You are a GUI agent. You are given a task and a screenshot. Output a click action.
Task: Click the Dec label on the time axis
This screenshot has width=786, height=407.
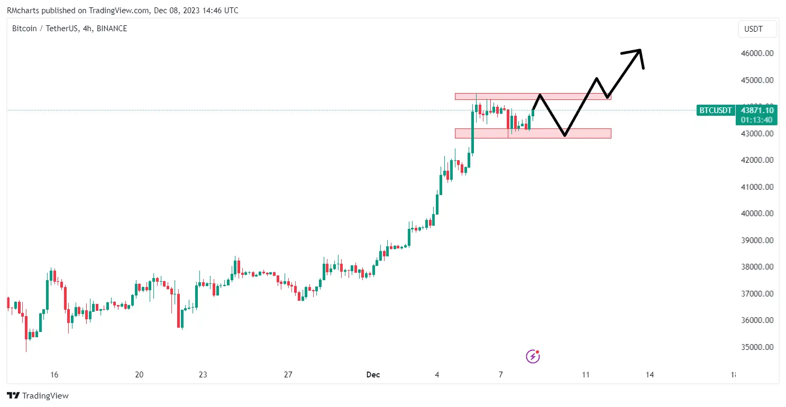coord(373,375)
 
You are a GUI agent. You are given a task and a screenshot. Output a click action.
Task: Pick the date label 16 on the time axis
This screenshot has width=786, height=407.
coord(54,375)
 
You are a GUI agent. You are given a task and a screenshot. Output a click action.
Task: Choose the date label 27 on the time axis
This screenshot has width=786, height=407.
coord(288,375)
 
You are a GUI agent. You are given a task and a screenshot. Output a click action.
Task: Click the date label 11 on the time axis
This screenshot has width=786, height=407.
coord(586,375)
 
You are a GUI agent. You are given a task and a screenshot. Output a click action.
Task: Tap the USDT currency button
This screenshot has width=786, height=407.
coord(757,29)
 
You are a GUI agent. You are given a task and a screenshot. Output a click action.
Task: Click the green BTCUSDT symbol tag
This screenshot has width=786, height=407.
coord(716,110)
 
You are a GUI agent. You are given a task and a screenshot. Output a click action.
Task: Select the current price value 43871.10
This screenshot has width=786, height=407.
coord(757,110)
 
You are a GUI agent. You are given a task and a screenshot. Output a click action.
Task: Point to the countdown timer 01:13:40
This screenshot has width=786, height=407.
coord(757,120)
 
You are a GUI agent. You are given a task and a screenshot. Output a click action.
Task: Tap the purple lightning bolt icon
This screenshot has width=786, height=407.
coord(533,356)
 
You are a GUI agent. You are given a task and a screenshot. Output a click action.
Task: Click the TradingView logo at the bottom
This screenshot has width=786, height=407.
coord(38,395)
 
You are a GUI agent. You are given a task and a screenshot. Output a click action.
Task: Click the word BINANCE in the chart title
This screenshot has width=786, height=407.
coord(110,29)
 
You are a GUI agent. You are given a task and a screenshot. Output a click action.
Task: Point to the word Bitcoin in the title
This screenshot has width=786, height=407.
coord(24,29)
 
